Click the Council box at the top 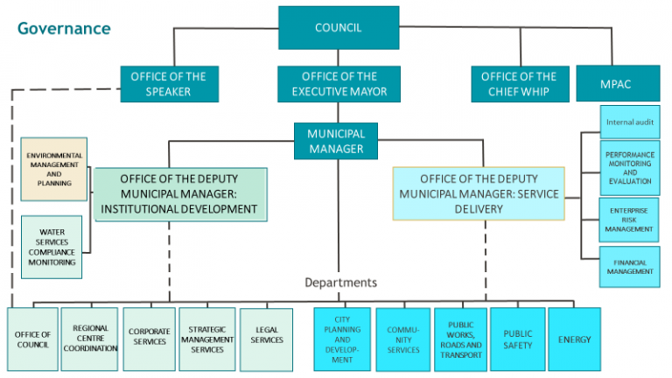pos(339,27)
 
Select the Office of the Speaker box pos(169,84)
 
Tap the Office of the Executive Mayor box pos(339,84)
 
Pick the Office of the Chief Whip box pos(520,84)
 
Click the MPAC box pos(618,84)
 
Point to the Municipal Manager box pos(336,141)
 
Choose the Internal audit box pos(630,122)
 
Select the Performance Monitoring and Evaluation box pos(630,168)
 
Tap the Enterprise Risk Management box pos(629,220)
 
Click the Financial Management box pos(630,267)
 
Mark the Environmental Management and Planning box pos(54,169)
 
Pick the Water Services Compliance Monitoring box pos(52,248)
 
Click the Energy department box pos(574,339)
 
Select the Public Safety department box pos(518,339)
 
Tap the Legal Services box pos(267,339)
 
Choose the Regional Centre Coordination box pos(89,339)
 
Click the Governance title pos(64,28)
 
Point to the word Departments pos(340,283)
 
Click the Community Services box pos(403,339)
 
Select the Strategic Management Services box pos(207,339)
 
